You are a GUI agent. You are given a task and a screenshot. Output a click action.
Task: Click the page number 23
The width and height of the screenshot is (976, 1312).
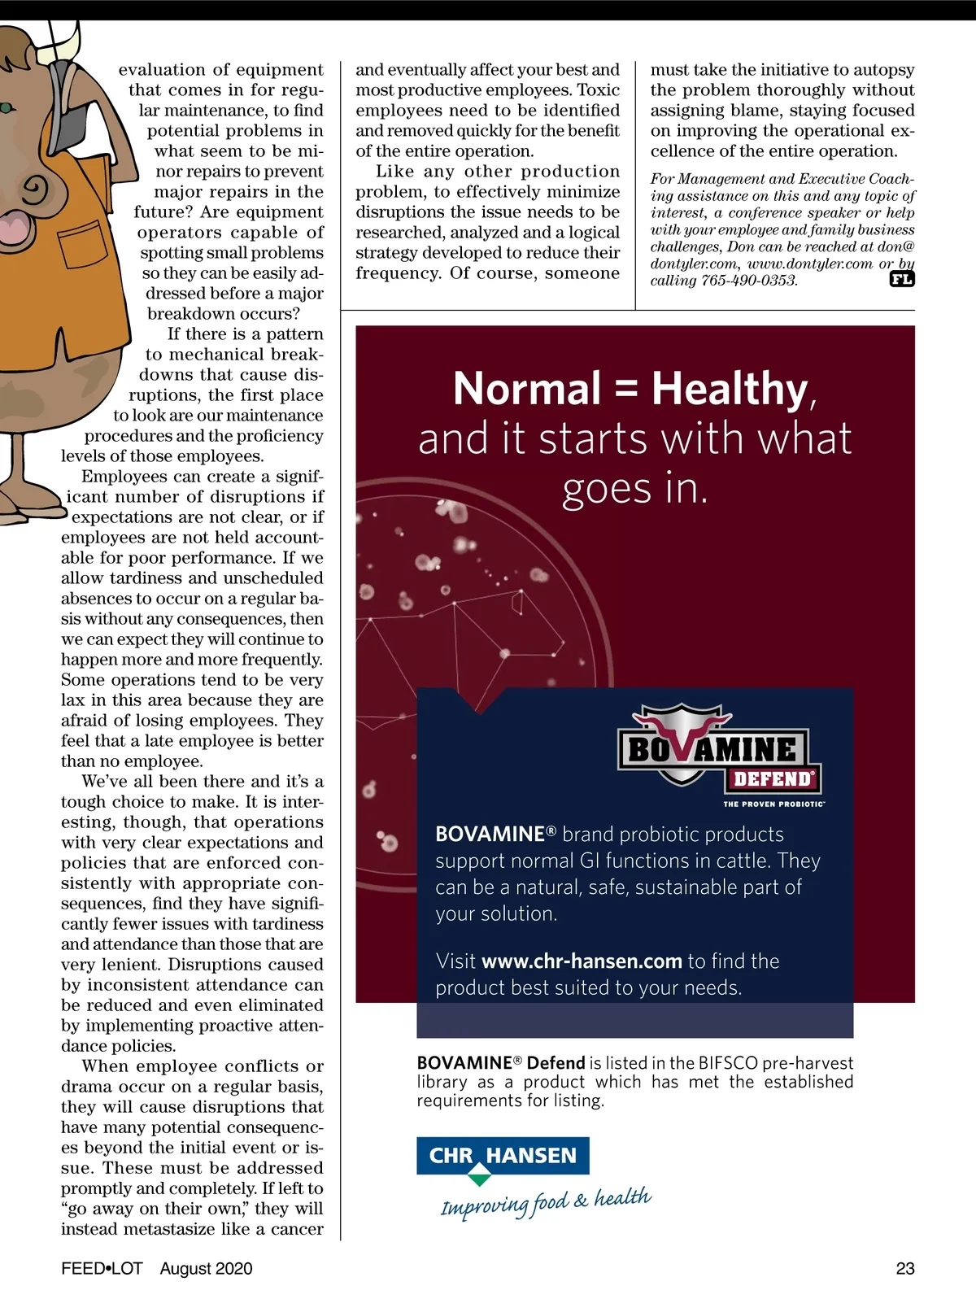click(904, 1268)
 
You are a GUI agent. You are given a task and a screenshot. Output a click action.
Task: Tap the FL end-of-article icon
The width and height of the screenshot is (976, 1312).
click(902, 280)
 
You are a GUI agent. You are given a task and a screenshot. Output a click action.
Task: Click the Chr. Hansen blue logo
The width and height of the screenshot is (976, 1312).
click(503, 1156)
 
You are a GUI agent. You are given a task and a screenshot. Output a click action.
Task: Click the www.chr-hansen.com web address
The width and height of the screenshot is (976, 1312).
click(582, 961)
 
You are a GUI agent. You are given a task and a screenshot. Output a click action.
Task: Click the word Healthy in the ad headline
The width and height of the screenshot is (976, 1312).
click(729, 389)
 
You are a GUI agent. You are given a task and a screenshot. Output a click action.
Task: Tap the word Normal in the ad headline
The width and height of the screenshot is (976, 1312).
click(527, 389)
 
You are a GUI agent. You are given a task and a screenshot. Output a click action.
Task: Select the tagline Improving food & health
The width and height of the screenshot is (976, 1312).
click(546, 1201)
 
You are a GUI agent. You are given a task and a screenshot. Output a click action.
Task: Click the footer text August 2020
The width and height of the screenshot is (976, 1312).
click(206, 1268)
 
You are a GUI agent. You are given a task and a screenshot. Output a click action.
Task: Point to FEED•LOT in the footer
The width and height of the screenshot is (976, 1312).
click(102, 1268)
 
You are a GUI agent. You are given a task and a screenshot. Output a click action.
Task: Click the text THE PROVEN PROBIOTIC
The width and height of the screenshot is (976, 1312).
click(773, 804)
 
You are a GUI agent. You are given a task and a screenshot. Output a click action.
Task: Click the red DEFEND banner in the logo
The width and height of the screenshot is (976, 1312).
click(772, 779)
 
